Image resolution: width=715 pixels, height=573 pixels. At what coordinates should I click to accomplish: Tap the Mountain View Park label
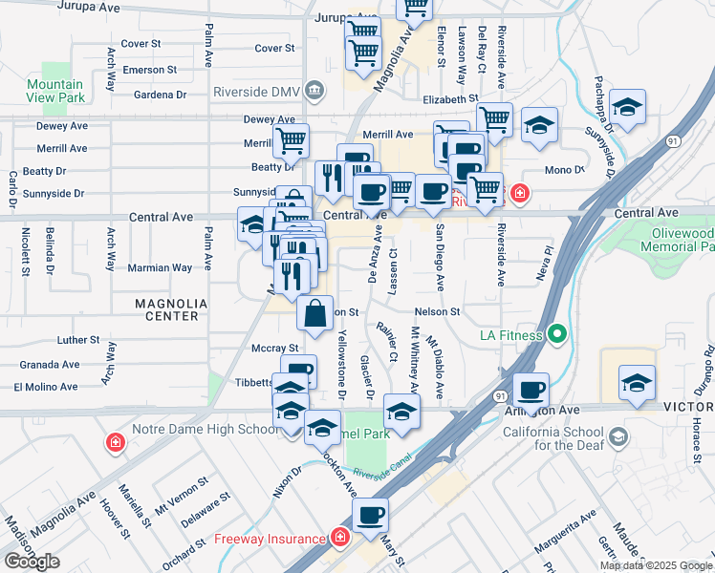pos(54,91)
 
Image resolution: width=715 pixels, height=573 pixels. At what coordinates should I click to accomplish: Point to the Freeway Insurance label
pos(269,539)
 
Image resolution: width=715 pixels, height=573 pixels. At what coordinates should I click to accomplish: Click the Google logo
pos(32,562)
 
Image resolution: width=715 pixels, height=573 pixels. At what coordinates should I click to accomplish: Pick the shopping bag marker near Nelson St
pos(315,310)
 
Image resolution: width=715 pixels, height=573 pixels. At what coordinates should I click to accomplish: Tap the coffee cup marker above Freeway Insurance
pos(370,515)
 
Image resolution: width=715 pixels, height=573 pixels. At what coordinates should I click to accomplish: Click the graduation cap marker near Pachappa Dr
pos(627,106)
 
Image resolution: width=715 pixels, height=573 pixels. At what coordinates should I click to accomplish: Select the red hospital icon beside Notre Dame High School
pos(115,443)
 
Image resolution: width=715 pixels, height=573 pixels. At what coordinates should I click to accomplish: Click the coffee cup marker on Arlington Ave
pos(530,389)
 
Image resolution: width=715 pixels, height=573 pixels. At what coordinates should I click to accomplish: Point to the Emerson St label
pos(149,70)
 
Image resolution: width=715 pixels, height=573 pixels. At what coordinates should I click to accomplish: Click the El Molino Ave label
pos(45,387)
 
